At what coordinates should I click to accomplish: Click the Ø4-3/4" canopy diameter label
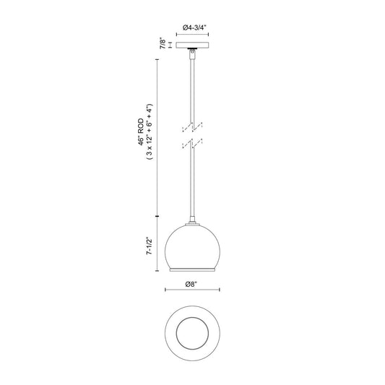tap(194, 27)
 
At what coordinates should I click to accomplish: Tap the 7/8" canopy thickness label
tap(163, 43)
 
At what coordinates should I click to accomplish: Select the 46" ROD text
tap(140, 132)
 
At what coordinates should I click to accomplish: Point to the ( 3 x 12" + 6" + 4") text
tap(150, 132)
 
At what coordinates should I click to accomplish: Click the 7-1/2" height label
tap(150, 246)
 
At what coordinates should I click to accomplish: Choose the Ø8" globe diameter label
tap(191, 284)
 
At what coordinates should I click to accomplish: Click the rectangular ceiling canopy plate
tap(192, 45)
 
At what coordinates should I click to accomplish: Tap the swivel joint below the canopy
tap(192, 53)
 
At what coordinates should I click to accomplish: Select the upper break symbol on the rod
tap(192, 126)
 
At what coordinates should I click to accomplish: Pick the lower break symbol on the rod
tap(192, 144)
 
